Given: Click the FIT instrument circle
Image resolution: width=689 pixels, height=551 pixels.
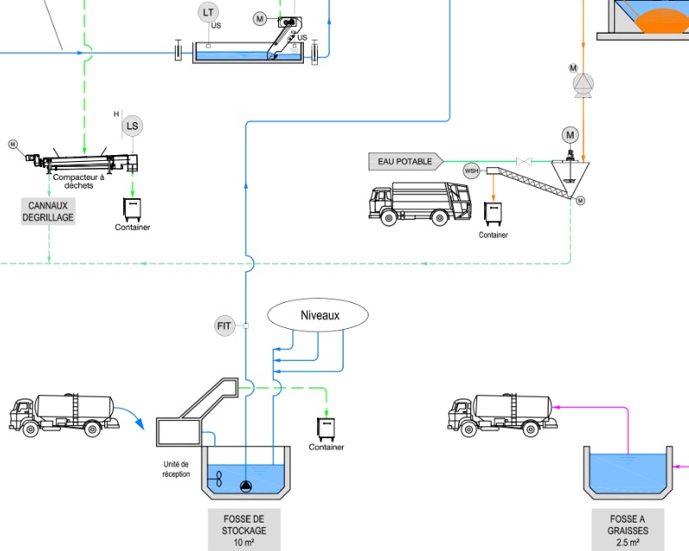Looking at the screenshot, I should (x=225, y=325).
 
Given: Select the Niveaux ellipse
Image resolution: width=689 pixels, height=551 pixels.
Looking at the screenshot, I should (x=320, y=315).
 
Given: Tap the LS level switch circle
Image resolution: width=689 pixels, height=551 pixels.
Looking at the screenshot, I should (x=132, y=127).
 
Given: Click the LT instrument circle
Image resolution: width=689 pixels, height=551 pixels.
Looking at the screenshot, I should (x=207, y=12).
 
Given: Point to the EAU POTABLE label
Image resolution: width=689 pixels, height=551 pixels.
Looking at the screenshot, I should (x=406, y=161).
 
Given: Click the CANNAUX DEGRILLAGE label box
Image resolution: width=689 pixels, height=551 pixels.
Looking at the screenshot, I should (x=48, y=211).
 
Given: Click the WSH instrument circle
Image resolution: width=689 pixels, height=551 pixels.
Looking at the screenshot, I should (x=472, y=170).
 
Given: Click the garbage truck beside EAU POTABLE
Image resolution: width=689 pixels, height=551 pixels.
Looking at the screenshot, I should (x=421, y=202).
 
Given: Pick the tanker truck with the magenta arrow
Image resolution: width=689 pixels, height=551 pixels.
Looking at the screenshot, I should (x=500, y=412).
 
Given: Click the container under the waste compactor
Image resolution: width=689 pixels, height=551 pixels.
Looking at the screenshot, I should (x=133, y=208).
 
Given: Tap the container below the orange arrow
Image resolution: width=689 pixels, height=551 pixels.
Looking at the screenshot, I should (x=493, y=215).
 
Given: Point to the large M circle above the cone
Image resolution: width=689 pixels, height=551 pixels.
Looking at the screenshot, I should (x=570, y=134).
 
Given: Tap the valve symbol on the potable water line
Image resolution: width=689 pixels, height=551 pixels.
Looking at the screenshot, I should (x=521, y=161).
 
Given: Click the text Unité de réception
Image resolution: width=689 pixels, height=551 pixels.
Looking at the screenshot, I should (x=176, y=469).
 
